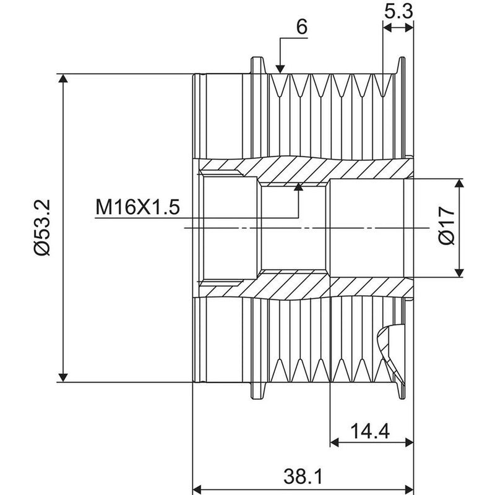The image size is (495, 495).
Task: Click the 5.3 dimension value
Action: click(398, 12)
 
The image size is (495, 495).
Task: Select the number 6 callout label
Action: click(301, 27)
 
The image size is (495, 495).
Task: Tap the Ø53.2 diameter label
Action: click(42, 228)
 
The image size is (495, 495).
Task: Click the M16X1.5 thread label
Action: click(137, 207)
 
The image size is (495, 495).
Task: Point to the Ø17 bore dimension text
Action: click(447, 225)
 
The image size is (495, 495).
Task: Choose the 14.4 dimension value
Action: click(370, 431)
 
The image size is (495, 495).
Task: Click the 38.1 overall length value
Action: click(303, 476)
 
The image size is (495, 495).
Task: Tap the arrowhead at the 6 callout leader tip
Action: click(280, 69)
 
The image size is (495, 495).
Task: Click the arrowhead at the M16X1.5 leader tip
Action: click(298, 187)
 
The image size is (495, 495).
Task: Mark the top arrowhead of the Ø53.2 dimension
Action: click(63, 78)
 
